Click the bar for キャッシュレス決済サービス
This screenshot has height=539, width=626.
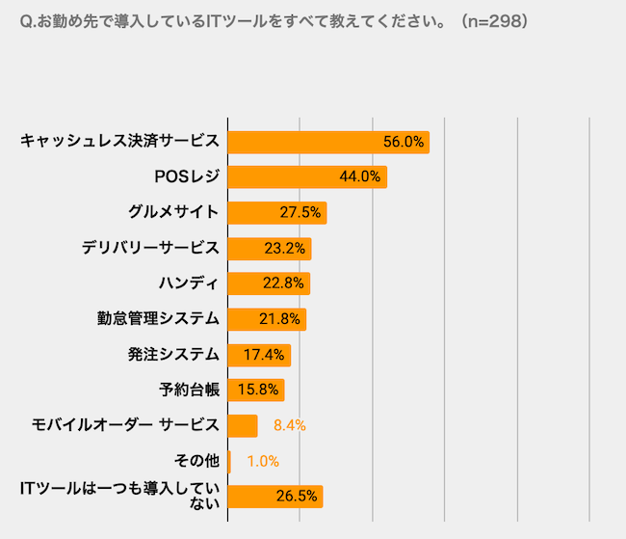pyautogui.click(x=328, y=143)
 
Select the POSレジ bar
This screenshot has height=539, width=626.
pyautogui.click(x=307, y=176)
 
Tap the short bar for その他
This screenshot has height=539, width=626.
pyautogui.click(x=229, y=462)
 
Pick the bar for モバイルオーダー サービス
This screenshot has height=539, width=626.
pyautogui.click(x=243, y=426)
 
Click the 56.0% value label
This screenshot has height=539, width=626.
pyautogui.click(x=404, y=142)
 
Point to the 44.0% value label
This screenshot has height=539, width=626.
pyautogui.click(x=360, y=176)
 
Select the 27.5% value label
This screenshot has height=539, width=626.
pyautogui.click(x=300, y=212)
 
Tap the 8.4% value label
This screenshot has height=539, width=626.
pyautogui.click(x=290, y=425)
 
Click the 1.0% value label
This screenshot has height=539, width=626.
pyautogui.click(x=263, y=462)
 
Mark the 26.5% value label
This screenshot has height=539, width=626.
pyautogui.click(x=297, y=497)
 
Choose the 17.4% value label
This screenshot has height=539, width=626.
pyautogui.click(x=264, y=355)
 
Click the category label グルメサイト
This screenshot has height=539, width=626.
pyautogui.click(x=173, y=212)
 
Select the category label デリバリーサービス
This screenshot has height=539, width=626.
pyautogui.click(x=150, y=248)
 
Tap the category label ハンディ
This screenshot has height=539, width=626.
pyautogui.click(x=189, y=283)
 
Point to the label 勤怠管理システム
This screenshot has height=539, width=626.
pyautogui.click(x=158, y=319)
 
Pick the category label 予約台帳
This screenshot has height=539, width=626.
pyautogui.click(x=189, y=390)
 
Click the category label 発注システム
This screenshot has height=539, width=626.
pyautogui.click(x=173, y=354)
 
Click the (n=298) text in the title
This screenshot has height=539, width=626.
pyautogui.click(x=495, y=21)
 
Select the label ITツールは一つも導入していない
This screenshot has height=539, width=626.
pyautogui.click(x=119, y=496)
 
